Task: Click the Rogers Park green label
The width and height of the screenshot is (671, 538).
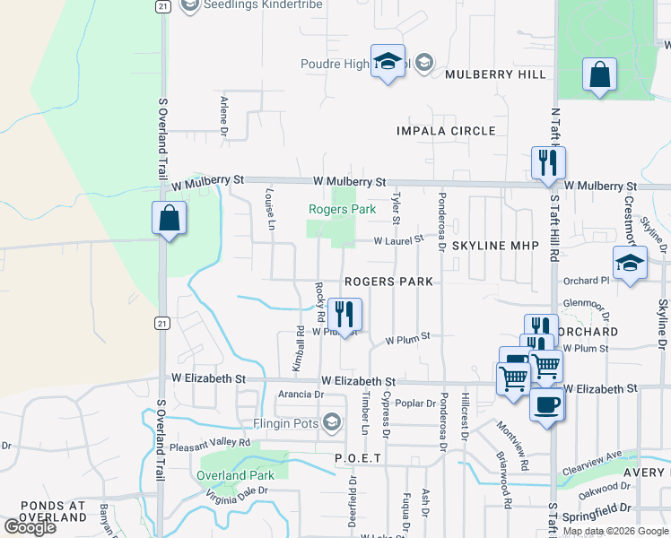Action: pos(342,209)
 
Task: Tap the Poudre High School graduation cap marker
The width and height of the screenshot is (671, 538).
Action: pos(388,63)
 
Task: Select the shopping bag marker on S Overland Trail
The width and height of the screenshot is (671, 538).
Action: pos(169,218)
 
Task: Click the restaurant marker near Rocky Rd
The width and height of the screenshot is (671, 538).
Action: pos(344,314)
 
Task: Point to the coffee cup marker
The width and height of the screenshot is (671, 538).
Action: pos(546,404)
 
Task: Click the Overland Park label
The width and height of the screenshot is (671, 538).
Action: pos(236,475)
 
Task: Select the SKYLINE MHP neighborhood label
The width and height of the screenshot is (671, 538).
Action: pos(494,245)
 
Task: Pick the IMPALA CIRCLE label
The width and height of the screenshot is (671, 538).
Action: pos(446,131)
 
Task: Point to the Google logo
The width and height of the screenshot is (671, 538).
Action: pos(30,527)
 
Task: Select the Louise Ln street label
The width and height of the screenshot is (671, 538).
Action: pos(269,209)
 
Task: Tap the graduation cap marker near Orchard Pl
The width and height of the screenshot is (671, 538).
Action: pos(630,265)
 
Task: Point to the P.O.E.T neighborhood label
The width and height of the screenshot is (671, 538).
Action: pos(358,458)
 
